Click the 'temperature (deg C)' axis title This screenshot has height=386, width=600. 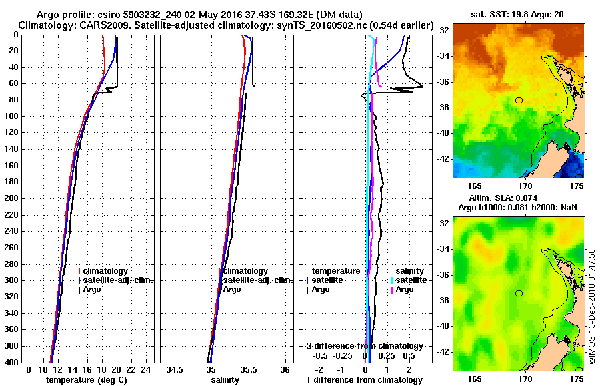click(x=86, y=379)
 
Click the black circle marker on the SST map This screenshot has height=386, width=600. click(x=519, y=100)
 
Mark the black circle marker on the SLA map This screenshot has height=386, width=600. click(x=519, y=293)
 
